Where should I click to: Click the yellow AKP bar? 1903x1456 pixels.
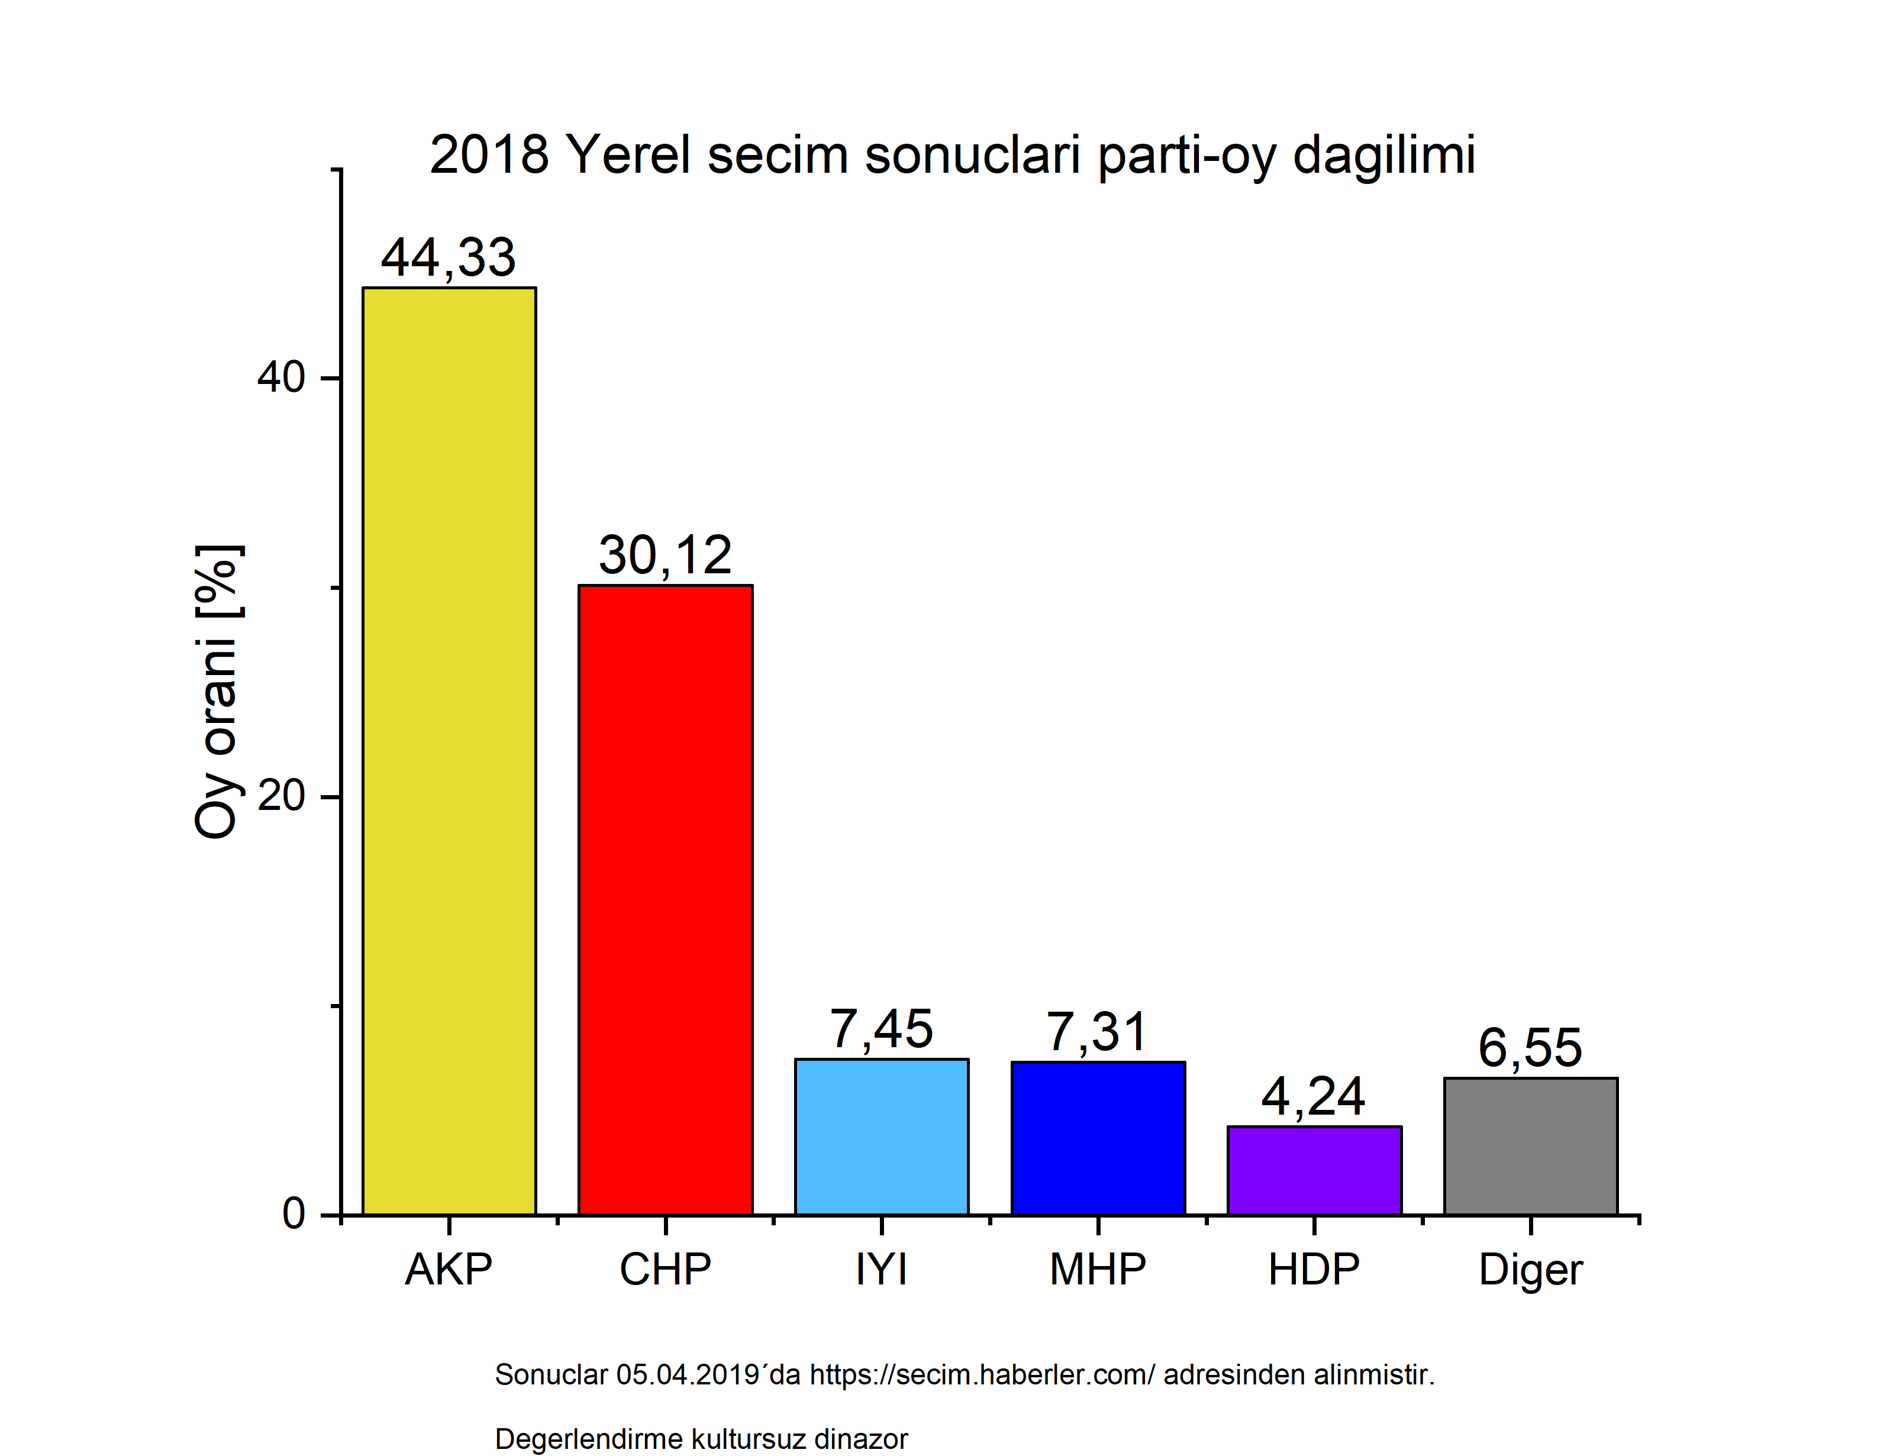pos(449,751)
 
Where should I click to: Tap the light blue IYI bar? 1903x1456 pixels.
pos(881,1136)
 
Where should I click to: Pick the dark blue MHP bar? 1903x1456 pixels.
pos(1098,1138)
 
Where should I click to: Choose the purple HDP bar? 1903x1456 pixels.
pos(1314,1170)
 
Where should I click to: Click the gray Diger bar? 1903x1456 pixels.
pos(1530,1146)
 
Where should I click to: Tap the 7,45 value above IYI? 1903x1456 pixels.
pos(881,1029)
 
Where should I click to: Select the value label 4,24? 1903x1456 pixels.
pos(1313,1096)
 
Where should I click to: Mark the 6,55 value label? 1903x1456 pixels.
pos(1530,1047)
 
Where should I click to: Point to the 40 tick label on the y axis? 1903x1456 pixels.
pos(280,377)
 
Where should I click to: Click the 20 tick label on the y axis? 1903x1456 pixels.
pos(280,796)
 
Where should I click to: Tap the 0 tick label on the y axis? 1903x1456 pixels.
pos(293,1213)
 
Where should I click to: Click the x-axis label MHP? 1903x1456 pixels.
pos(1098,1270)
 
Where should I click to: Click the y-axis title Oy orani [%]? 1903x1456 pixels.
pos(217,692)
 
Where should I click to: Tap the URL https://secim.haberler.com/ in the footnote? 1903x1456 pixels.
pos(982,1374)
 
